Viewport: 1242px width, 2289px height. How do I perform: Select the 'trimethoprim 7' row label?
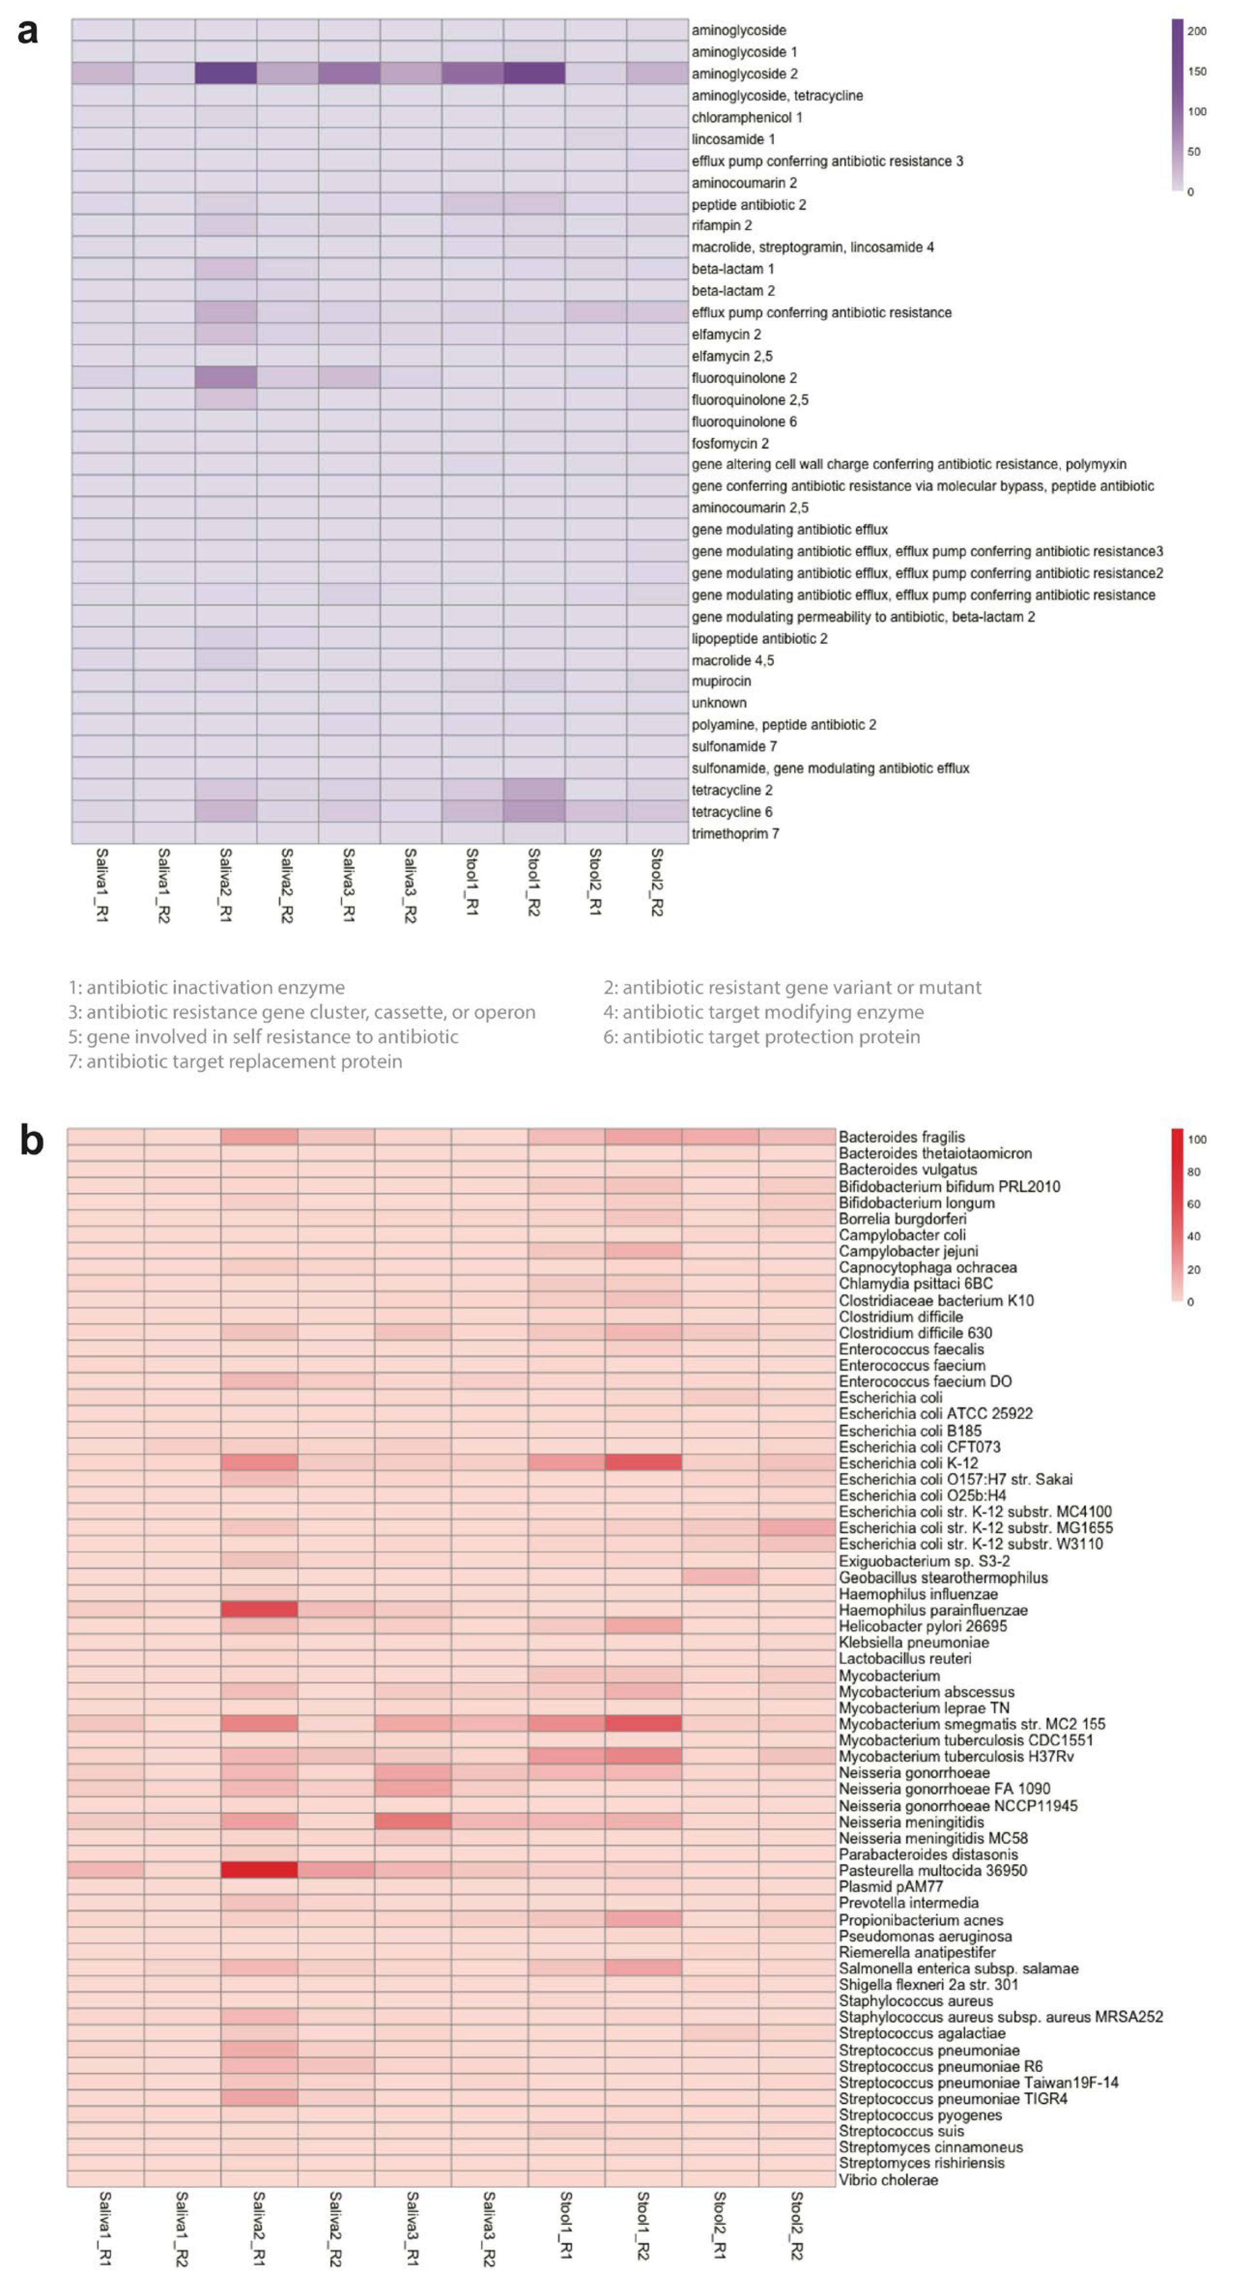pyautogui.click(x=735, y=833)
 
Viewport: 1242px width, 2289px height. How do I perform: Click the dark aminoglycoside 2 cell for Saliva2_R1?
pyautogui.click(x=226, y=73)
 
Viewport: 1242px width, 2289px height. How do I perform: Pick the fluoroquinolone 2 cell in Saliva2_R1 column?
pyautogui.click(x=226, y=378)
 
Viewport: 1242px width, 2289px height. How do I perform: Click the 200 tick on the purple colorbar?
pyautogui.click(x=1197, y=31)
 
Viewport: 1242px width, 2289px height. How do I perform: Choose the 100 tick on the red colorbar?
pyautogui.click(x=1197, y=1139)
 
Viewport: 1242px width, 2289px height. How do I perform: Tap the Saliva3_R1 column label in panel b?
pyautogui.click(x=412, y=2228)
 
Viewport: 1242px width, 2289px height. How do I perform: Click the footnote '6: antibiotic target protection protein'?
pyautogui.click(x=761, y=1037)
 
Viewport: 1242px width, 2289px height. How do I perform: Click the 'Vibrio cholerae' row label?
pyautogui.click(x=888, y=2180)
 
